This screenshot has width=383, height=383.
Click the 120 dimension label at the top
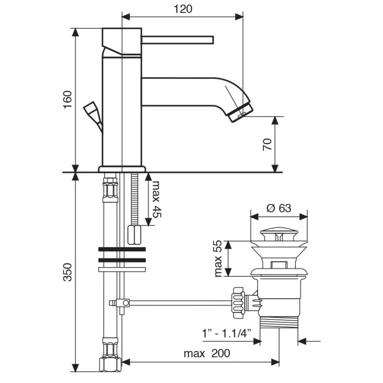181,9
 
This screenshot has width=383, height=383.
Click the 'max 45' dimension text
155,200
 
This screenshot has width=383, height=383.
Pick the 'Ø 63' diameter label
279,208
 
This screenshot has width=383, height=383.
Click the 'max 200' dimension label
207,354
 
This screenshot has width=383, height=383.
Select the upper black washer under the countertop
122,250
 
